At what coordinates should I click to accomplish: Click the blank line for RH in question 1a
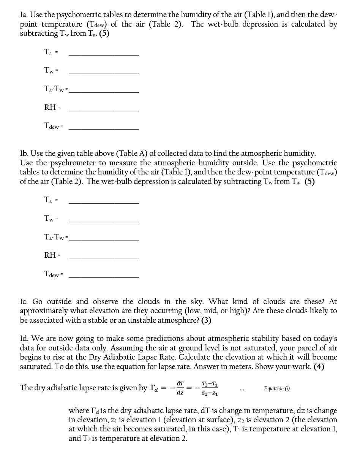pyautogui.click(x=103, y=110)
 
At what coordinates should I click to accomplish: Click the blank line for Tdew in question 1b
pyautogui.click(x=103, y=277)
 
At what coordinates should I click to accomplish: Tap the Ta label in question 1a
pyautogui.click(x=48, y=52)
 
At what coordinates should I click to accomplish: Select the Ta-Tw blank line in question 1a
pyautogui.click(x=103, y=92)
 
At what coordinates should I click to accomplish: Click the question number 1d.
pyautogui.click(x=25, y=339)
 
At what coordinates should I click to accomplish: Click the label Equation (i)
pyautogui.click(x=277, y=388)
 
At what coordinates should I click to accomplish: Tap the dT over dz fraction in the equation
pyautogui.click(x=180, y=388)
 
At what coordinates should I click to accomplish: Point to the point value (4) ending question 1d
pyautogui.click(x=319, y=367)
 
